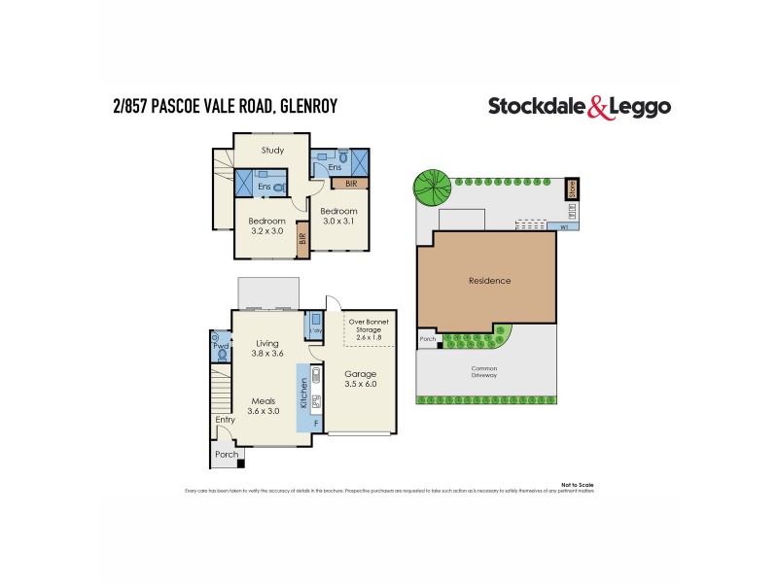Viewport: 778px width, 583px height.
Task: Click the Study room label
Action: [273, 151]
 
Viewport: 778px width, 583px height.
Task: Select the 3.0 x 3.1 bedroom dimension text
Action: [339, 222]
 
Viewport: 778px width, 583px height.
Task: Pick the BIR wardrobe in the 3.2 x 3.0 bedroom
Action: [302, 236]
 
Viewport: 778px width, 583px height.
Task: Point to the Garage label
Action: [361, 374]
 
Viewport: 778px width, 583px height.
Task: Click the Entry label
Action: [225, 420]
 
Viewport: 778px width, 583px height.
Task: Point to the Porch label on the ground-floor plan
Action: [226, 454]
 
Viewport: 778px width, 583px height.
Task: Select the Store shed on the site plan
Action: [573, 187]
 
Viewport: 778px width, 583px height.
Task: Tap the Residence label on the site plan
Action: [488, 281]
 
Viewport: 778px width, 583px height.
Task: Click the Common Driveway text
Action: [485, 372]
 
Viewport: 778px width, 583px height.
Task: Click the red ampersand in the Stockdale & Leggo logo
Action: [600, 108]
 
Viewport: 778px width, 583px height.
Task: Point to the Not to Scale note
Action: [577, 484]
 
